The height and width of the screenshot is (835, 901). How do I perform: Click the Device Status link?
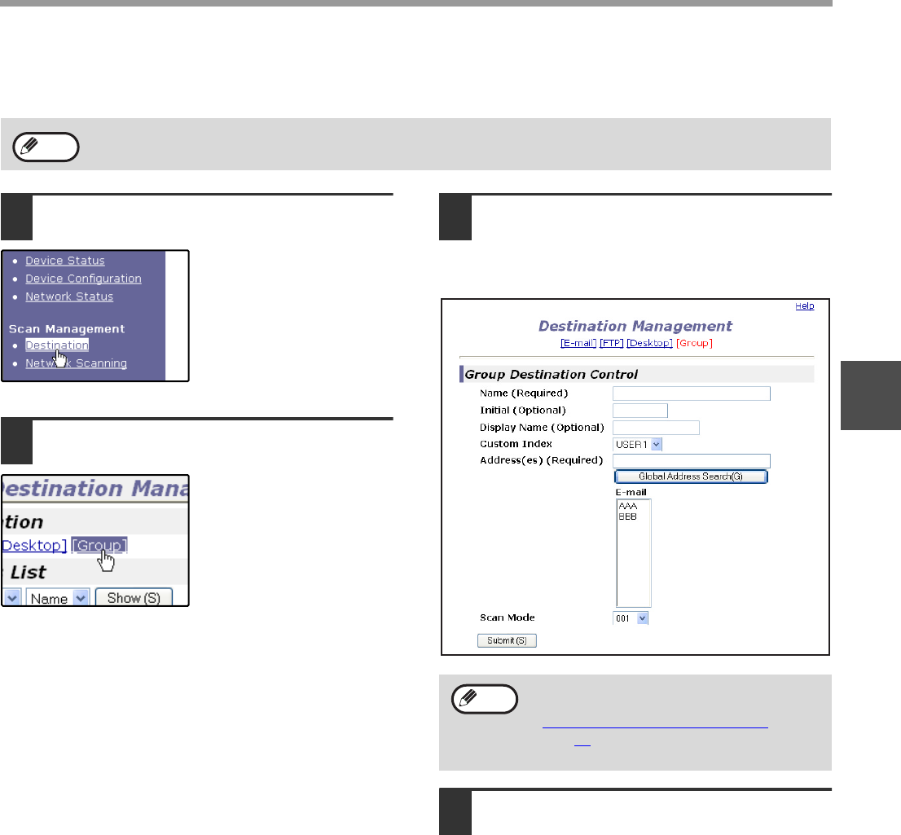[65, 261]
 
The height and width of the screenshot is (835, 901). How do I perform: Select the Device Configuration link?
[83, 279]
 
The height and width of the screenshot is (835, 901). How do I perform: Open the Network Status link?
[69, 297]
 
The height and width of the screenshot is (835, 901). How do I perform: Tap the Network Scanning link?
[76, 363]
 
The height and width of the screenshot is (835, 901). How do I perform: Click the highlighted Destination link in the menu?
[57, 345]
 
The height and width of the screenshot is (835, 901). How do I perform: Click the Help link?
[805, 305]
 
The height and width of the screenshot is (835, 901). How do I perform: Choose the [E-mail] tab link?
[578, 343]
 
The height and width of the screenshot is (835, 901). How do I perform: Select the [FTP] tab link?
[611, 343]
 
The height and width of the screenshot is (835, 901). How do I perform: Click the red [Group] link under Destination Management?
[694, 343]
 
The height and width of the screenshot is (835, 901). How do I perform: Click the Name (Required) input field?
[692, 393]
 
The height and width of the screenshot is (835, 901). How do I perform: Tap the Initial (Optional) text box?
[640, 411]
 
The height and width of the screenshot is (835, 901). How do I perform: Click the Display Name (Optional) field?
[657, 428]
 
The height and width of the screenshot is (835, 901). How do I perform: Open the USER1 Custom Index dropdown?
[638, 444]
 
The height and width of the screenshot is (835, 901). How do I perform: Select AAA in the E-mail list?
[627, 506]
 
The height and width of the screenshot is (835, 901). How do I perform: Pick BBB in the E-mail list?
[627, 516]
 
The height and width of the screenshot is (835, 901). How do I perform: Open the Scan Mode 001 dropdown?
[631, 618]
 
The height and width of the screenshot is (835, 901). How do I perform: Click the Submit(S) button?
[507, 641]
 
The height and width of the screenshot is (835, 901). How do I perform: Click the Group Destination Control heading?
[551, 375]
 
